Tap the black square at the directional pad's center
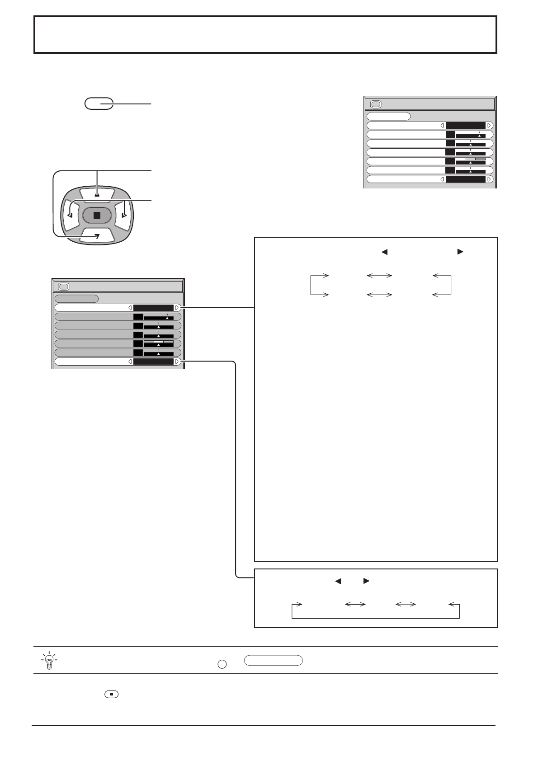(97, 215)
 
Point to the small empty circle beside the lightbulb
(222, 664)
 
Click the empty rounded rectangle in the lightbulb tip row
(273, 660)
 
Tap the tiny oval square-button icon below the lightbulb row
(111, 694)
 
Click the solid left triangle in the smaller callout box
(337, 581)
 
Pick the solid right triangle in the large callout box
(460, 252)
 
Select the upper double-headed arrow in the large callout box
(379, 275)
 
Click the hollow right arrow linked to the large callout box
(177, 308)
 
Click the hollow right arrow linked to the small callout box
(177, 362)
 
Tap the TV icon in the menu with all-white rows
(375, 104)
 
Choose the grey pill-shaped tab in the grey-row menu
(76, 299)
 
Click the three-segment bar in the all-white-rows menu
(470, 159)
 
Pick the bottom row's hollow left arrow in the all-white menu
(442, 179)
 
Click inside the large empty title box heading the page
(265, 34)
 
